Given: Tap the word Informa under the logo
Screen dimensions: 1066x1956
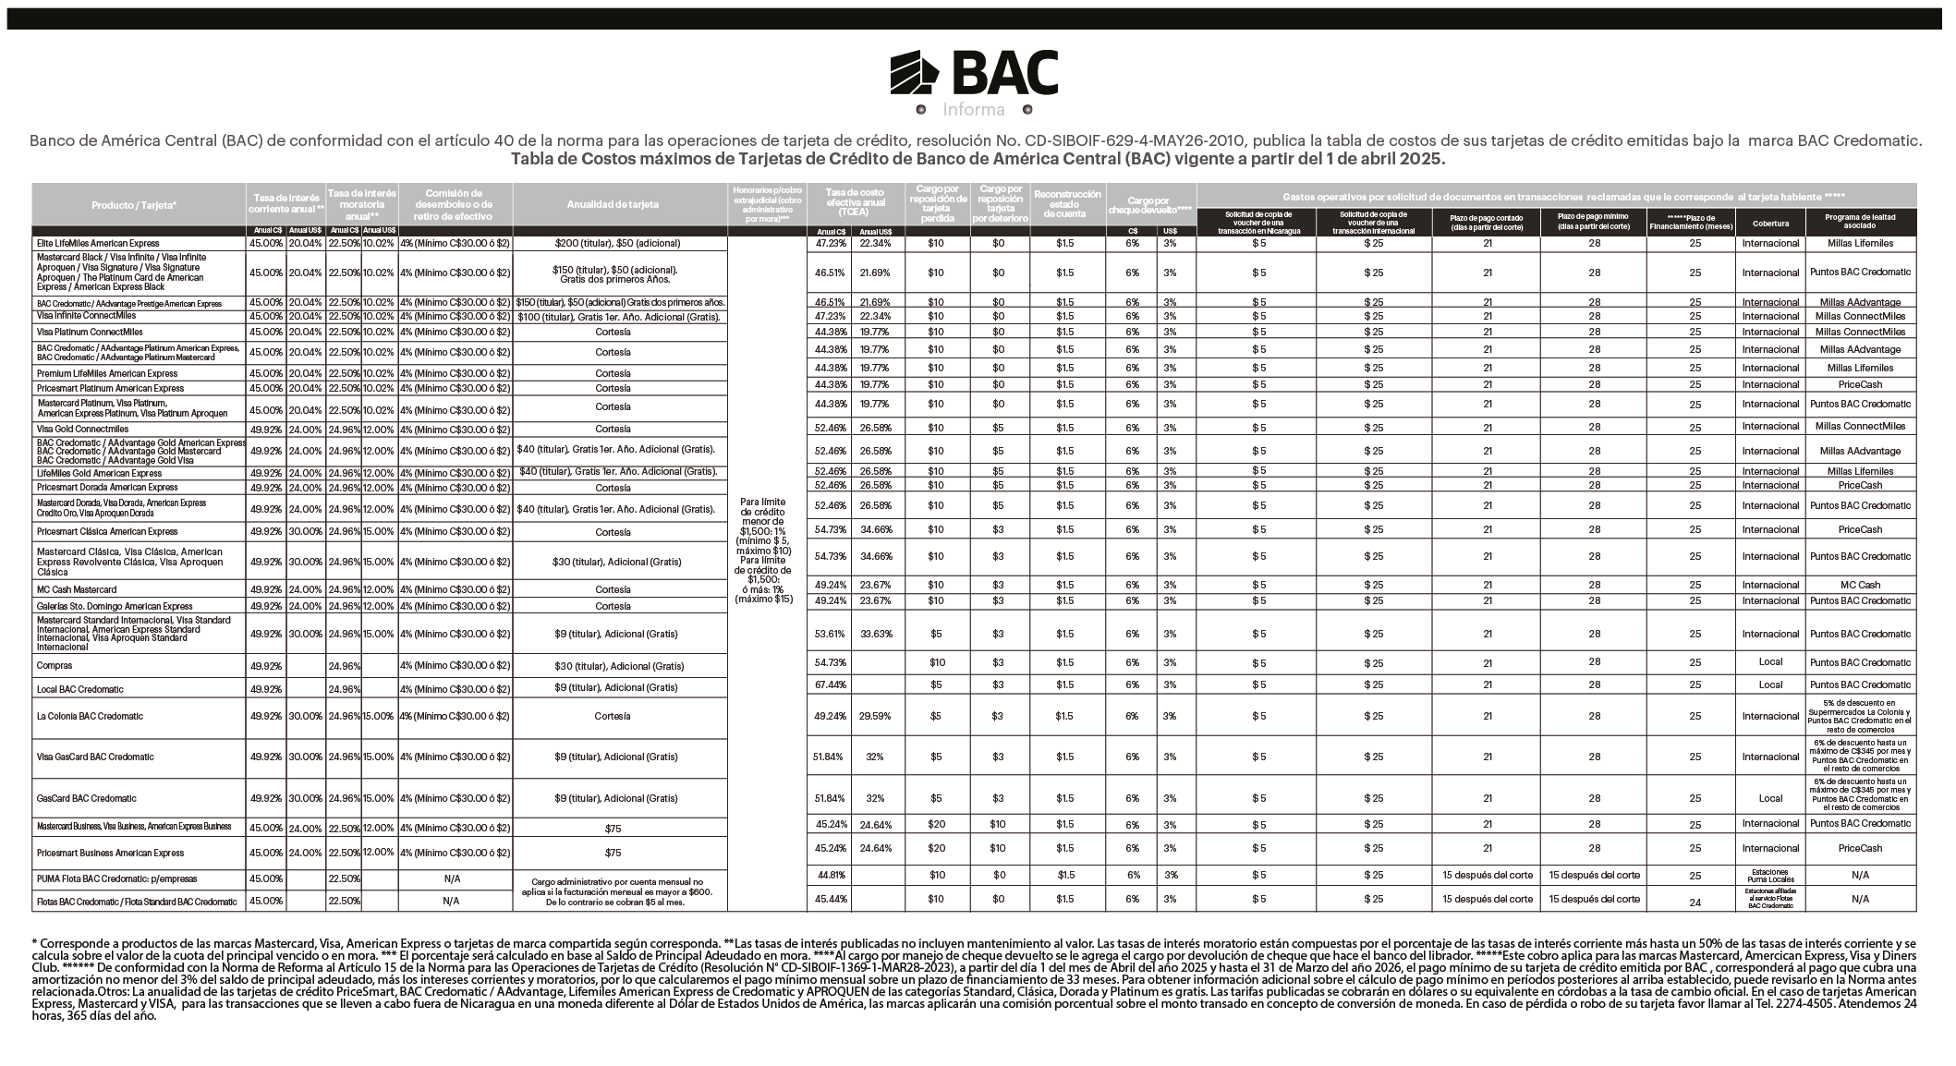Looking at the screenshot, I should [x=974, y=110].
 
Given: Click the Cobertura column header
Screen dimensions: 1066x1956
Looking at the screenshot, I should [x=1770, y=223].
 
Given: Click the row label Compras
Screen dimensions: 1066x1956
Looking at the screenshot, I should [x=55, y=665].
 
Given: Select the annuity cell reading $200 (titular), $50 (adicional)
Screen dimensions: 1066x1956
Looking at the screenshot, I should [x=618, y=244].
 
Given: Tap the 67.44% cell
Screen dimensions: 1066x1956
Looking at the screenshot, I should [x=830, y=685].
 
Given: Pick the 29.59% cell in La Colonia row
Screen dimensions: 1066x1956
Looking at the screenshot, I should [x=875, y=717].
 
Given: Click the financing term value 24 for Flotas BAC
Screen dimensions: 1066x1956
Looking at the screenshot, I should [x=1695, y=903].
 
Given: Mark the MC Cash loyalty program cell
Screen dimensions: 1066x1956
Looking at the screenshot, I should [x=1860, y=586].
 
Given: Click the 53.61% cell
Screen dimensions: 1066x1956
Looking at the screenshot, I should [x=830, y=635].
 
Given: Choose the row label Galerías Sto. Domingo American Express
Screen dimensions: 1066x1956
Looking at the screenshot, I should [x=115, y=607].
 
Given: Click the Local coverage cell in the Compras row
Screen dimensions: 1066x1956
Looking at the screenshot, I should [x=1770, y=662].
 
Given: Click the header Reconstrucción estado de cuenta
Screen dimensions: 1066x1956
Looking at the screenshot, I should [x=1067, y=204].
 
